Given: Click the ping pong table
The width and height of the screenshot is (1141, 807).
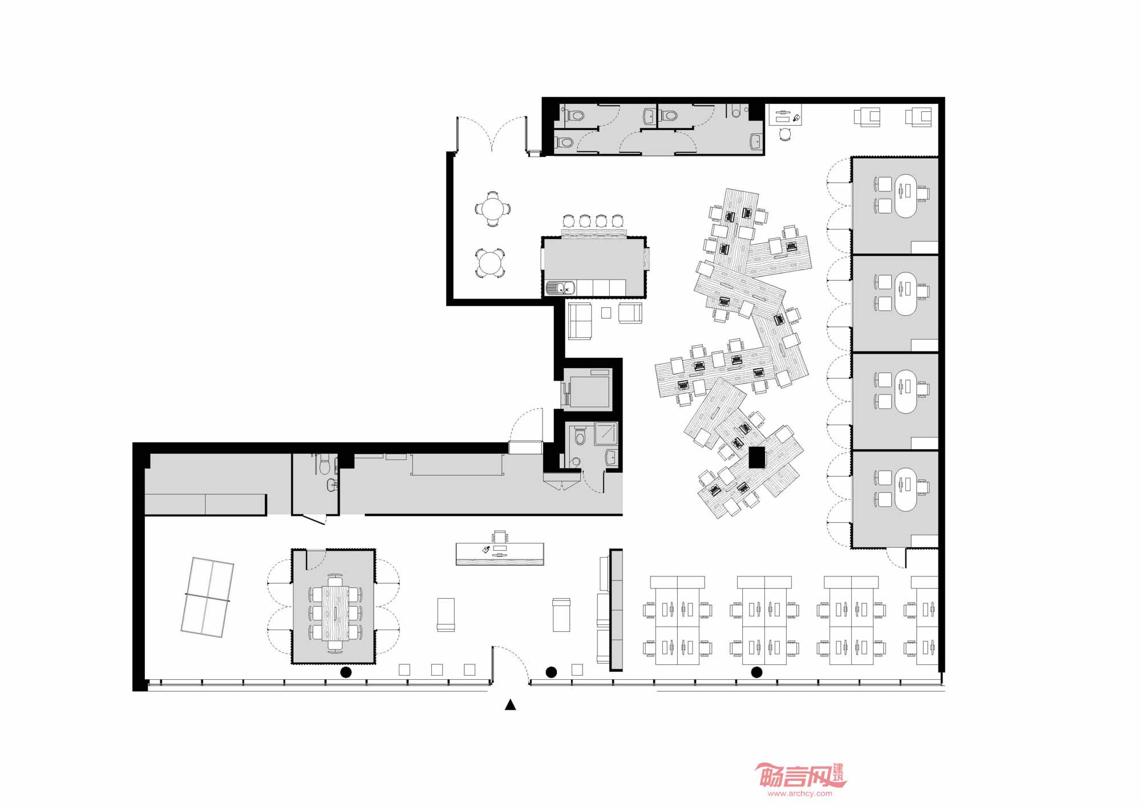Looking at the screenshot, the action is [207, 598].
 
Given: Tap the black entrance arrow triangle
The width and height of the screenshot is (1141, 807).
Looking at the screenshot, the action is [511, 705].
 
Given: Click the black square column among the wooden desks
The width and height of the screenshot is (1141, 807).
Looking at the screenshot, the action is [756, 458].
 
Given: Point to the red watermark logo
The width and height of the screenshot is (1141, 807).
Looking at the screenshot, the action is [800, 776].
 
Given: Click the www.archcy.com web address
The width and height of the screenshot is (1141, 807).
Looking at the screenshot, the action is [800, 793].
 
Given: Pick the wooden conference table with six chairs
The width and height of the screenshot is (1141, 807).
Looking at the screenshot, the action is [335, 613].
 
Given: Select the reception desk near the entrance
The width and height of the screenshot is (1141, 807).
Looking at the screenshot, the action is [500, 554].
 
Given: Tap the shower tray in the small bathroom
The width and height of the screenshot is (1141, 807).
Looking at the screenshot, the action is [606, 433].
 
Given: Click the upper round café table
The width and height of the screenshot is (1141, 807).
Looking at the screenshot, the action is [492, 208].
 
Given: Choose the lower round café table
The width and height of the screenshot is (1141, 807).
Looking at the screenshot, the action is [490, 264].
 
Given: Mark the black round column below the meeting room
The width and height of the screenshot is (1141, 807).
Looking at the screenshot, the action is [346, 672].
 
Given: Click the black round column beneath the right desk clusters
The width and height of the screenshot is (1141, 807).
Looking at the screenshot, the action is [756, 672].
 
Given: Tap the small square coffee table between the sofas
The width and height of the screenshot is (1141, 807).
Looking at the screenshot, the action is [606, 313].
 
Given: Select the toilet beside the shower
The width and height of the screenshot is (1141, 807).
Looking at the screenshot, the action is [580, 437].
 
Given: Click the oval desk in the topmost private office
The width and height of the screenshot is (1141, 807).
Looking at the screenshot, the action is [905, 196].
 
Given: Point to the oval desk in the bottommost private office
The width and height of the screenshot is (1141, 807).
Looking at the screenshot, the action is [905, 490].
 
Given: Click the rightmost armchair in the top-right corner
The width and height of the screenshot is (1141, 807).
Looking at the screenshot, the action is [919, 117].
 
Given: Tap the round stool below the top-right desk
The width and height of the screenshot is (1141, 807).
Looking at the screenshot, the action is [785, 134].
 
